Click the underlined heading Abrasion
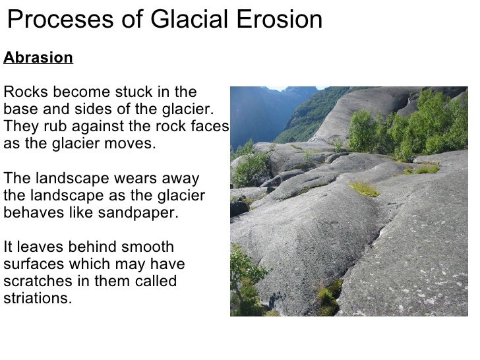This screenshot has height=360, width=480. tap(38, 58)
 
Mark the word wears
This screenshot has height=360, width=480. tap(131, 179)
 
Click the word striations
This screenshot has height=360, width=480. tap(37, 299)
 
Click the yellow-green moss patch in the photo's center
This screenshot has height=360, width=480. tap(365, 189)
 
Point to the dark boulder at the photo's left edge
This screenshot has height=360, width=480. tap(239, 208)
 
